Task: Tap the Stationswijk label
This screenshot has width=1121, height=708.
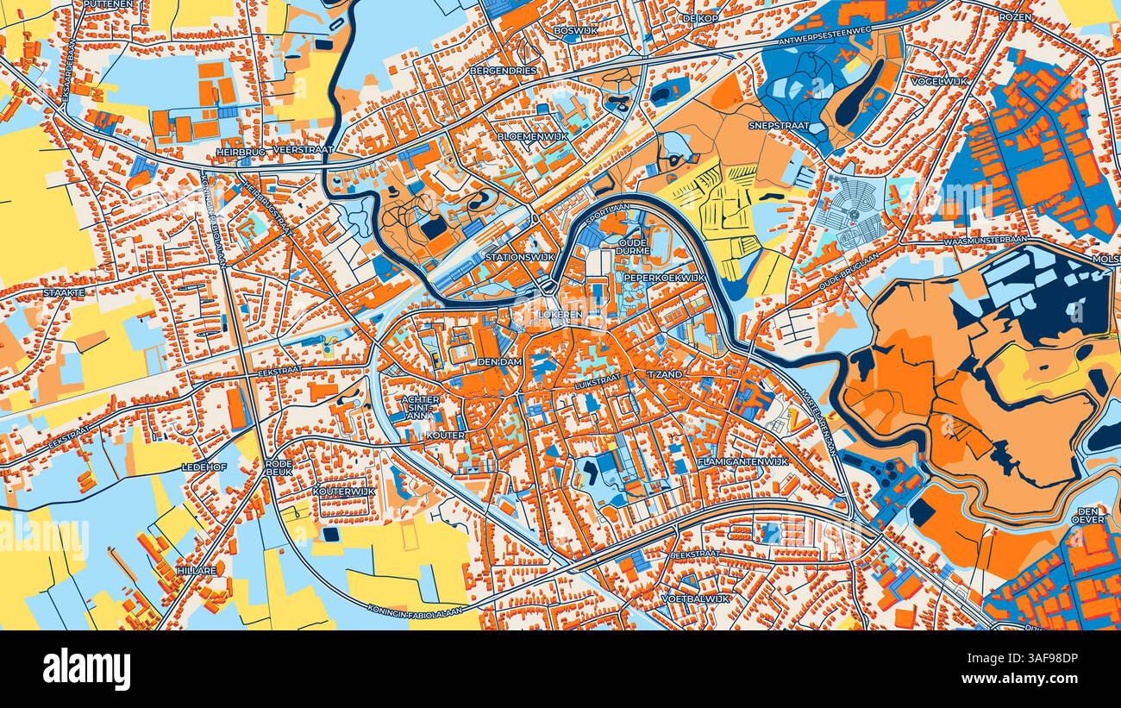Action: point(519,257)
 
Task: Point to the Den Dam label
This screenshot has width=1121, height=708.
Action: point(499,362)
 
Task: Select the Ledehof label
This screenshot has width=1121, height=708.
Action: point(203,466)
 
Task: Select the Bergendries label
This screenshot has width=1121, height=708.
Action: point(503,70)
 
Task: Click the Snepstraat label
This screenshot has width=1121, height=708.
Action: point(778,124)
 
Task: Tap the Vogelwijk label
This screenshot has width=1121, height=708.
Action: point(939,81)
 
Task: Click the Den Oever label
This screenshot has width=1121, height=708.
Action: point(1088,515)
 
